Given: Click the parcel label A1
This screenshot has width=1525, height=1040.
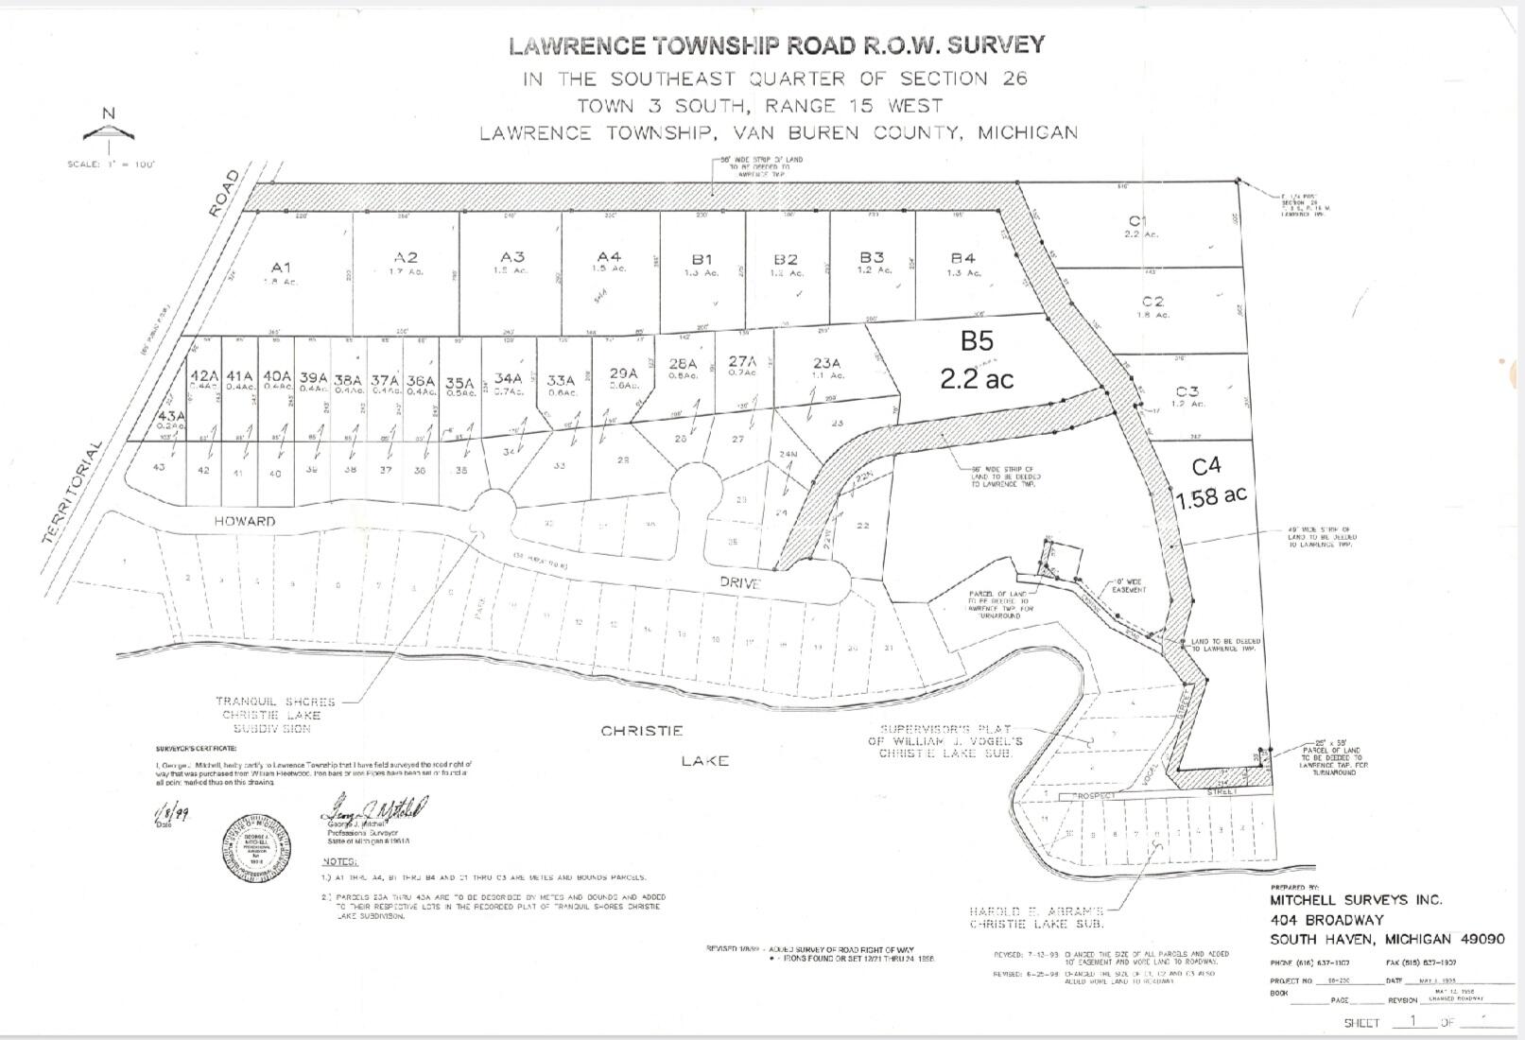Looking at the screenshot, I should point(281,268).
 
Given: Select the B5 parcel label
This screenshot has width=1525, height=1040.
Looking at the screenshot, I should point(977,340).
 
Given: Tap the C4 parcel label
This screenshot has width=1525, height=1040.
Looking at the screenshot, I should point(1206,466).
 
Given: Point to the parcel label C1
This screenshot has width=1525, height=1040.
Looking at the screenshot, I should point(1137,220).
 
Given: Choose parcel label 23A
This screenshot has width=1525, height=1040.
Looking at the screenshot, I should point(825,362).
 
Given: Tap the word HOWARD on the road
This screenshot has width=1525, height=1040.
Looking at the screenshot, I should point(244,521).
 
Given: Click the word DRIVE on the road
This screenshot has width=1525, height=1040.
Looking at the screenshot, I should point(739,583).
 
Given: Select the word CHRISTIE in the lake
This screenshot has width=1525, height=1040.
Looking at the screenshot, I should point(641,731).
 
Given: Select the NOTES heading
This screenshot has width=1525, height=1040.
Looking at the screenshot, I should point(340,861).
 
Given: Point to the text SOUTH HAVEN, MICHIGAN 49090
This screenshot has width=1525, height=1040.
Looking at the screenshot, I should point(1387,939).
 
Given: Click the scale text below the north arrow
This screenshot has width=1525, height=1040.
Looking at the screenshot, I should point(111,165).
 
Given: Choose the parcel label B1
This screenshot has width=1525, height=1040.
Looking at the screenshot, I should point(701,259).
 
